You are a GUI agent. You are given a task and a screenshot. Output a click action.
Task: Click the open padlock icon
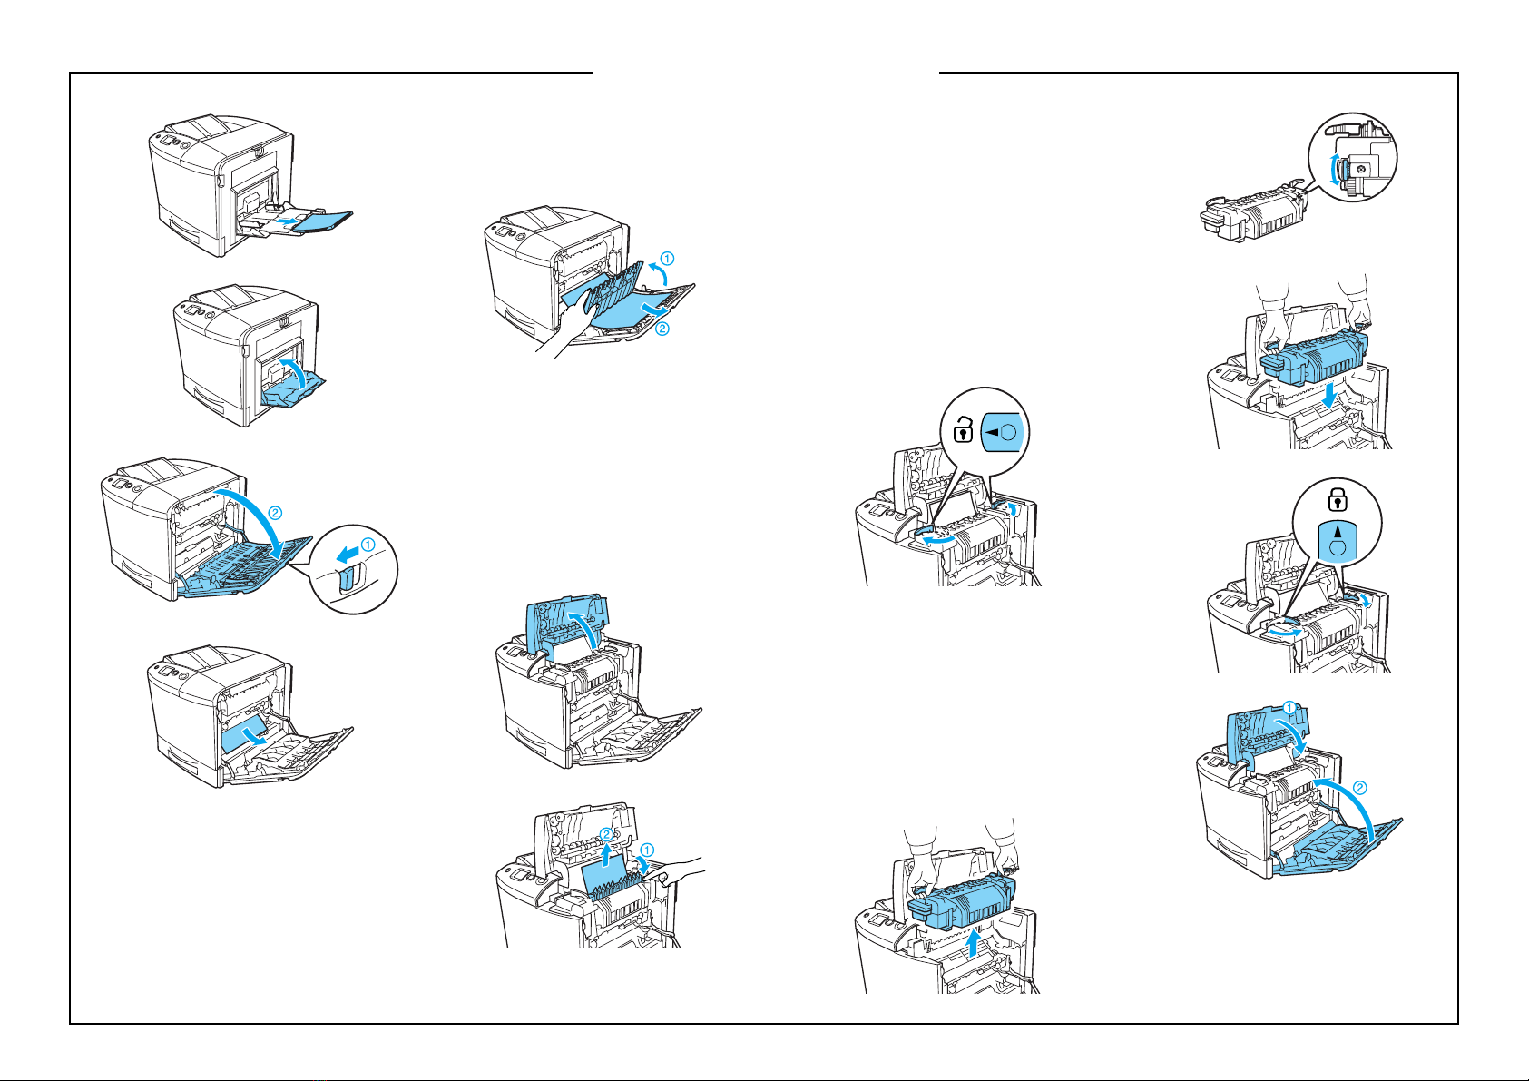point(963,427)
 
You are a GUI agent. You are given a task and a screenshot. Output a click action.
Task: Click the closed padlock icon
point(1336,497)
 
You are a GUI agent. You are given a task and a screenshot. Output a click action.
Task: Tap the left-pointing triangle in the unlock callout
point(993,432)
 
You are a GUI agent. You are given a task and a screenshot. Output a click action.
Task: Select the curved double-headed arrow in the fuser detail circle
point(1334,170)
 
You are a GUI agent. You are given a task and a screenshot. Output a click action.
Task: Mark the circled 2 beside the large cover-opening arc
point(275,513)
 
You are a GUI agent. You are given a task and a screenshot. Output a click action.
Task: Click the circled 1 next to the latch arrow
point(368,545)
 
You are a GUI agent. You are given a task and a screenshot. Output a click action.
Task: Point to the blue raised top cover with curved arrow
point(563,626)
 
